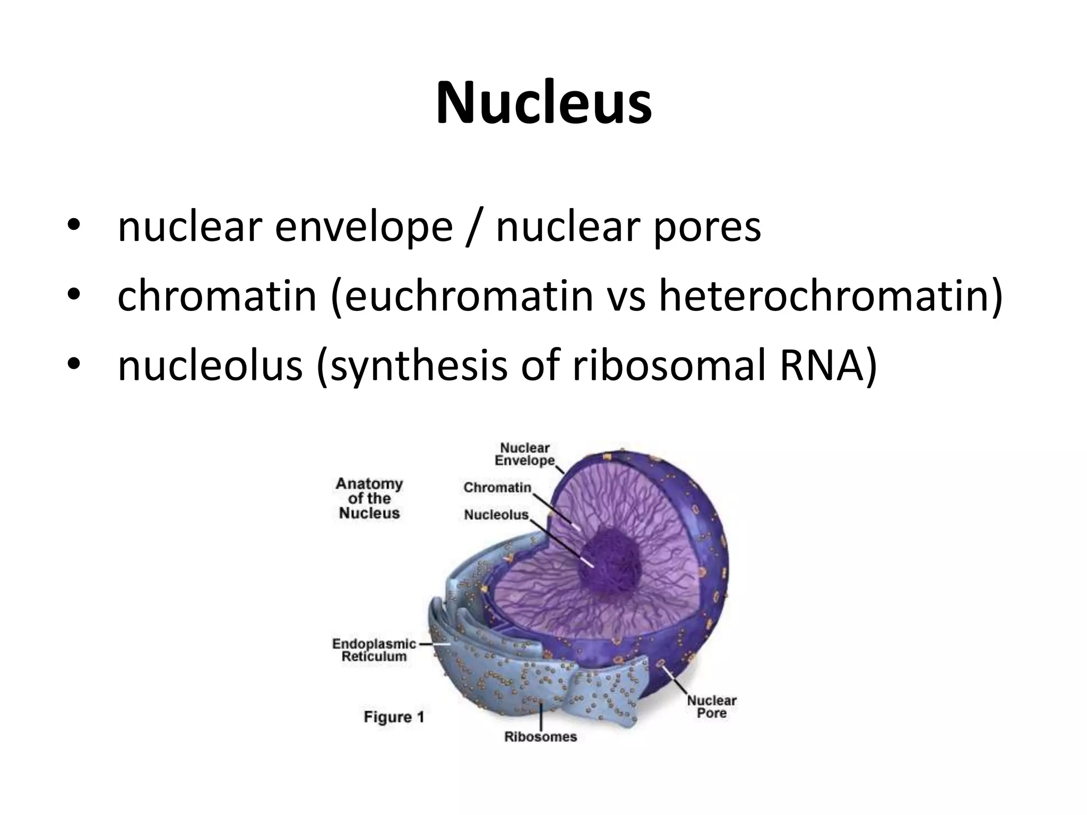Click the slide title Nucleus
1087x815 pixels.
[543, 103]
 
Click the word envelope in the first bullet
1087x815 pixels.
[364, 227]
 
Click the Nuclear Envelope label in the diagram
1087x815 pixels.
[524, 455]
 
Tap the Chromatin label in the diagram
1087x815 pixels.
[497, 487]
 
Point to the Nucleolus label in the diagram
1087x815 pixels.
[496, 515]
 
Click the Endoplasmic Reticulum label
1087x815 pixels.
[374, 650]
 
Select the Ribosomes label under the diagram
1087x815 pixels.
[540, 737]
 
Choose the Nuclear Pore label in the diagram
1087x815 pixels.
[711, 707]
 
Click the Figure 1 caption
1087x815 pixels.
[394, 717]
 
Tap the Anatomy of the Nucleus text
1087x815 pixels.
[369, 498]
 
